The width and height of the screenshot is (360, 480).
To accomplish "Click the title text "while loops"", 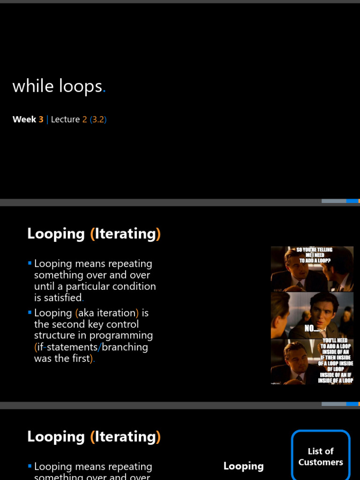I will coord(57,86).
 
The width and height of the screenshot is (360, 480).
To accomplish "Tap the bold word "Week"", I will coord(24,120).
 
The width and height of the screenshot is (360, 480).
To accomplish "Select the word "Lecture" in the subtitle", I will coord(65,120).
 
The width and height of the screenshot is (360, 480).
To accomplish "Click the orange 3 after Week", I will coord(41,120).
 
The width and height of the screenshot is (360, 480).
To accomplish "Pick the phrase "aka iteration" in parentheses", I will coord(105,313).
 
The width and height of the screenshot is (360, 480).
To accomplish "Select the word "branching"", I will coord(125,347).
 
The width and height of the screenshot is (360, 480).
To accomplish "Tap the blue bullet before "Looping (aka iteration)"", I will coord(30,312).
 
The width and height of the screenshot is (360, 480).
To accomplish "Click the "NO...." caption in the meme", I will coord(312,329).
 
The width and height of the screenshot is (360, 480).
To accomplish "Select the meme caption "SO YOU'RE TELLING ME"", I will coord(312,255).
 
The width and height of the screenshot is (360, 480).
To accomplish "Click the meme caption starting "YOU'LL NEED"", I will coord(335,360).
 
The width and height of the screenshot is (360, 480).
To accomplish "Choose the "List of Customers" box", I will coord(321,456).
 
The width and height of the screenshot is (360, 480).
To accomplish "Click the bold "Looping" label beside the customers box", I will coord(243,466).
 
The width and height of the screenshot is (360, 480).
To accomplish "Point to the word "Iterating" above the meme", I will coord(125,233).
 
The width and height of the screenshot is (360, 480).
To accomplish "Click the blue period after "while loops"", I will coord(104,91).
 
